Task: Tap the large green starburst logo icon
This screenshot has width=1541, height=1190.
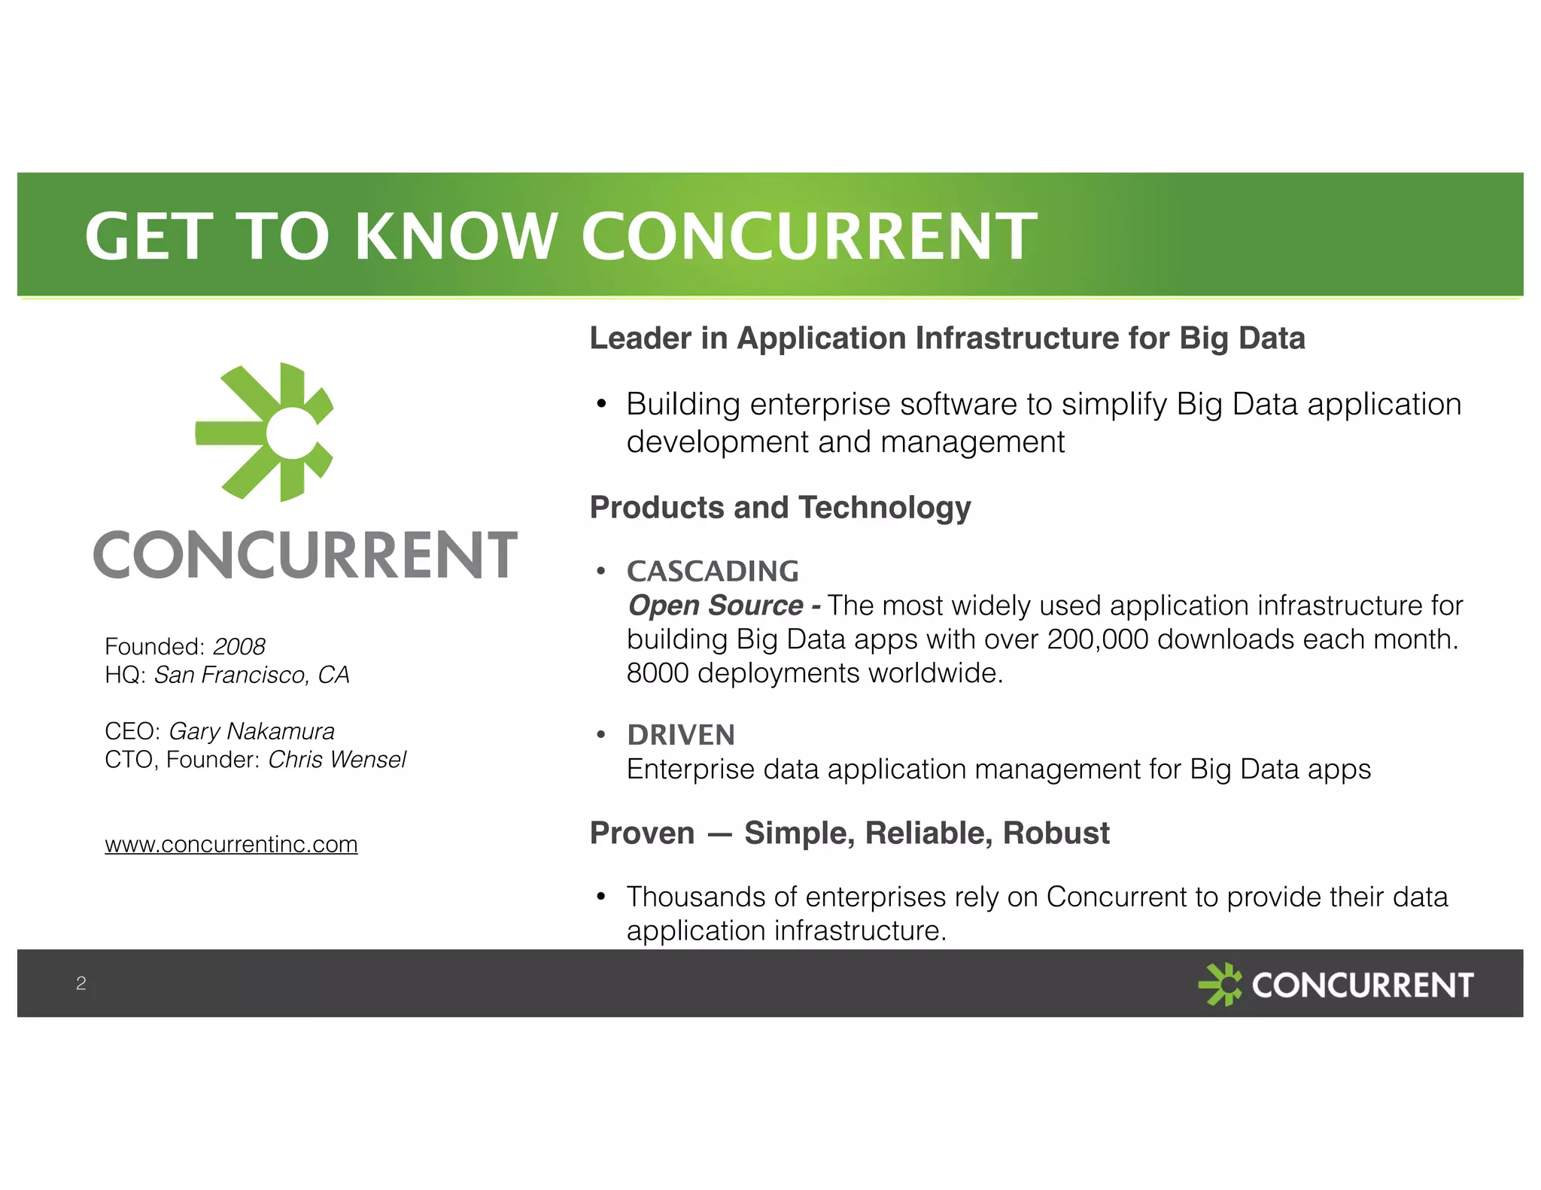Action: point(265,432)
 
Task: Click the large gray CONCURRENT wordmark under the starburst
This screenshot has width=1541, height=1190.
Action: point(305,555)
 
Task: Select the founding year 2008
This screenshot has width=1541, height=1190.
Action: point(239,646)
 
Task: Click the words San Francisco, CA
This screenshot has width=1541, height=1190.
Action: point(251,675)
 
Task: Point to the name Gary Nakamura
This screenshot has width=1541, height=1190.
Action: point(251,731)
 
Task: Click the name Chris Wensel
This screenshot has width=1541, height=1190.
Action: point(336,760)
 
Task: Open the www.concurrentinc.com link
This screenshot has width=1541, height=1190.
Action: point(231,844)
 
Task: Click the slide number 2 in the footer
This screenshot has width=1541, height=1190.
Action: point(81,983)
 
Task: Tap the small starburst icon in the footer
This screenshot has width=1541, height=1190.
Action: point(1220,984)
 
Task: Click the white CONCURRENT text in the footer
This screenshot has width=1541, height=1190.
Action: point(1362,985)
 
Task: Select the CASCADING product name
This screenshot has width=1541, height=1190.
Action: point(713,572)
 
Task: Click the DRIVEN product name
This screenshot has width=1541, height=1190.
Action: point(681,735)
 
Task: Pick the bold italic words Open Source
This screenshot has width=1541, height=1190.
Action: point(716,606)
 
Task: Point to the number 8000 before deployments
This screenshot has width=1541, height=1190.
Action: point(657,673)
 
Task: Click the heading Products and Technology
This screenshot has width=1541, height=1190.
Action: point(780,508)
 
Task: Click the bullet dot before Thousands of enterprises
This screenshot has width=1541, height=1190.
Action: point(600,897)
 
